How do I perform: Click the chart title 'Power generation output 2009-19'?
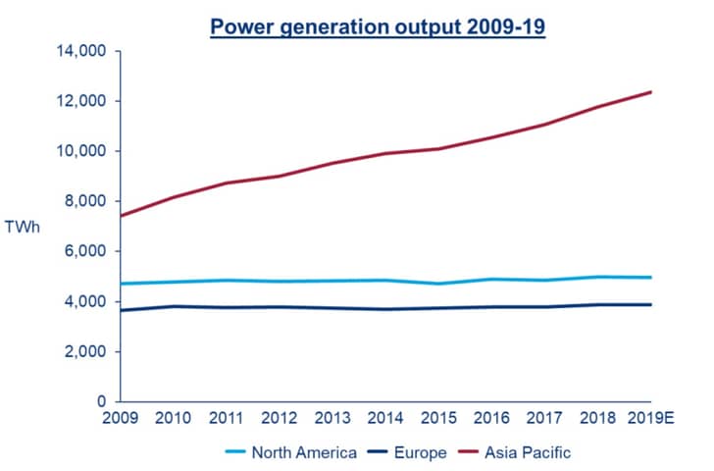point(378,27)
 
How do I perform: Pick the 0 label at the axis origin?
point(102,401)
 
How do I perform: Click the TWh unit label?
point(23,227)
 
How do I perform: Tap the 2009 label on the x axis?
point(121,418)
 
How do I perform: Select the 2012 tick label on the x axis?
point(280,418)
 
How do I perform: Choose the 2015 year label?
point(438,418)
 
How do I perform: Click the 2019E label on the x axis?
point(650,418)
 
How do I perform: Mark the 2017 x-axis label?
point(544,418)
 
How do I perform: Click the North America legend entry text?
point(304,452)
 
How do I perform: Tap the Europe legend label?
point(421,452)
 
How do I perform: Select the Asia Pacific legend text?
point(528,452)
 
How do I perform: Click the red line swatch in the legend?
point(468,452)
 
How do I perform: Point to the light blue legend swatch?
point(235,452)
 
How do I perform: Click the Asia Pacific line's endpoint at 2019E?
point(650,92)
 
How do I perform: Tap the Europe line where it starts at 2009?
point(121,311)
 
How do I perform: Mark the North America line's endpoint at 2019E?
point(650,277)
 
